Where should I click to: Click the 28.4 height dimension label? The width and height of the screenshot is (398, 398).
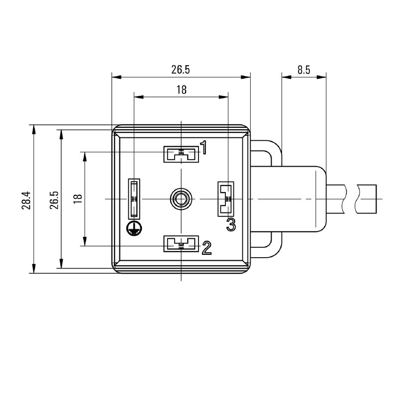coord(26,200)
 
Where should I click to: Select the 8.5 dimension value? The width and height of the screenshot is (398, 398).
coord(304,70)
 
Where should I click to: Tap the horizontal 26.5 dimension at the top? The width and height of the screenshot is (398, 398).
coord(181,70)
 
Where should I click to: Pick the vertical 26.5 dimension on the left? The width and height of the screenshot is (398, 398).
coord(54,200)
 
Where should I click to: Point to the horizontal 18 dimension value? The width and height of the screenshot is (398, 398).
coord(182,90)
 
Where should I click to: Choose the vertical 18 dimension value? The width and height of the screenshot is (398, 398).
coord(78,199)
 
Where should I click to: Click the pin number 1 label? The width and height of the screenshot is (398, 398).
coord(203,147)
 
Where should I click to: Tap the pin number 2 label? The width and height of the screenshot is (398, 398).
coord(206,248)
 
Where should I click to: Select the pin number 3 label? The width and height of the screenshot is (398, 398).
coord(231,224)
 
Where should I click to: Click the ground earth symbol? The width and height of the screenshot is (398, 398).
coord(134,228)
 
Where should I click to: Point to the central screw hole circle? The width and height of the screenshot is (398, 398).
coord(181,199)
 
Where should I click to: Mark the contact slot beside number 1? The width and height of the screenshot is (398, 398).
coord(181,154)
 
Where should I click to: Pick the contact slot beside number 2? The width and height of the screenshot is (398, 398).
coord(181,244)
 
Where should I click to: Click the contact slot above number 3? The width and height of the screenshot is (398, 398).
coord(226,199)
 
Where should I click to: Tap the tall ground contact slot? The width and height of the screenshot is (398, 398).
coord(134,199)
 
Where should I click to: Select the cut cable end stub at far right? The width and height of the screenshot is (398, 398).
coord(366,199)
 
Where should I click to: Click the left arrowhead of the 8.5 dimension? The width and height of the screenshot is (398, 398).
coord(287,77)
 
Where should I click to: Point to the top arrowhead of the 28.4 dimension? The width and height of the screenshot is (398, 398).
coord(34,129)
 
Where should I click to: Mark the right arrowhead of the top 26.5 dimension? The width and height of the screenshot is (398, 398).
coord(245,77)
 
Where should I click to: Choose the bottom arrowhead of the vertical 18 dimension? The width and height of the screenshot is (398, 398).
coord(85,241)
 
